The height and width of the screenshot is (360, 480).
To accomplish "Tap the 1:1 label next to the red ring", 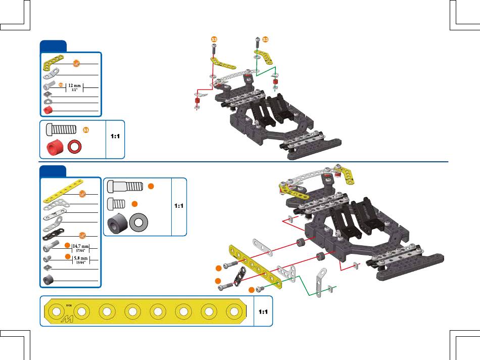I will [115, 137].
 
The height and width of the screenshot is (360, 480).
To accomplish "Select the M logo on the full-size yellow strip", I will [67, 318].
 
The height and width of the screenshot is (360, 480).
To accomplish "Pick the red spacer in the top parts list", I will [49, 110].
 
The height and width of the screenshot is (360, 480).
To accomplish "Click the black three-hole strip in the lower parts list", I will [57, 237].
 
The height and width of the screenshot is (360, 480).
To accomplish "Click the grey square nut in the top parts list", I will [48, 94].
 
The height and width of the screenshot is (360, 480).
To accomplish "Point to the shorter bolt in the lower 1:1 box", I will [117, 204].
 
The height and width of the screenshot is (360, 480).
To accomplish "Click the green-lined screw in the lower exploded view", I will [261, 289].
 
